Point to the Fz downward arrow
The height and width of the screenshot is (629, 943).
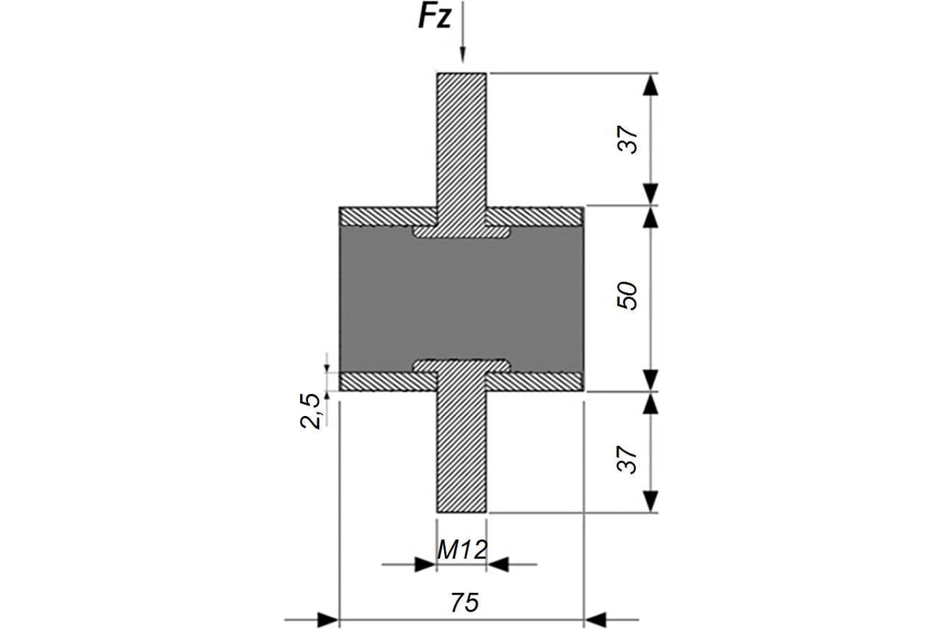click(463, 31)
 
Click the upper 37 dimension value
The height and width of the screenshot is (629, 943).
click(628, 140)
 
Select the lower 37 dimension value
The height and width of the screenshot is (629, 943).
click(628, 460)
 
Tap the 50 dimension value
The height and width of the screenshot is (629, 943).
click(628, 296)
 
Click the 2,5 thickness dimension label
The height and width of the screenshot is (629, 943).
click(310, 410)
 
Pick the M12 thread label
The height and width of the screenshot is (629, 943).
click(462, 550)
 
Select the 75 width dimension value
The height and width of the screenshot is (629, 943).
click(464, 603)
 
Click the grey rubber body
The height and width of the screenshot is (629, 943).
click(461, 299)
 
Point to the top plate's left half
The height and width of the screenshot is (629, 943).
click(388, 216)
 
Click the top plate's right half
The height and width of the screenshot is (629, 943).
click(535, 216)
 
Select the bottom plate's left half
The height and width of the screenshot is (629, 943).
click(388, 381)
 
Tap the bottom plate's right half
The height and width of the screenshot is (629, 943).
click(535, 381)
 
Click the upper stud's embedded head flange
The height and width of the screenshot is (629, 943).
click(461, 232)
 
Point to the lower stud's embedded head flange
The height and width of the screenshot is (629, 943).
click(461, 366)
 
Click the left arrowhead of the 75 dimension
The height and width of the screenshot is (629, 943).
click(328, 620)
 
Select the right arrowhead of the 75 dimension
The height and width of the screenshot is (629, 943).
click(595, 620)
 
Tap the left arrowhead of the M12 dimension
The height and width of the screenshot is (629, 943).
click(425, 565)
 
